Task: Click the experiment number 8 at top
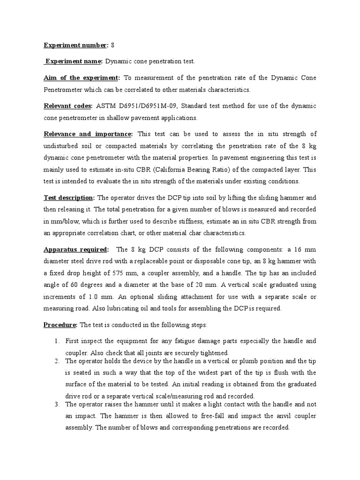112,45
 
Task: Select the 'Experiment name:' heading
74,61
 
